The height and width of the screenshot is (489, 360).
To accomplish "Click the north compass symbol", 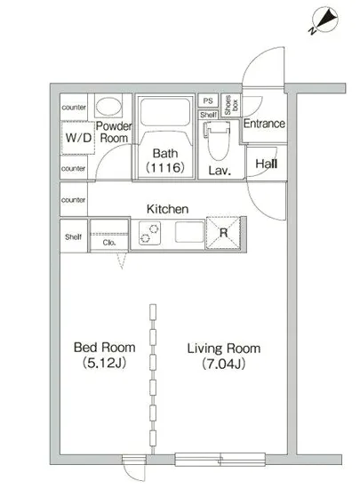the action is click(324, 21).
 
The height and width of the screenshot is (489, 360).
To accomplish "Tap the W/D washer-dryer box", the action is click(78, 138).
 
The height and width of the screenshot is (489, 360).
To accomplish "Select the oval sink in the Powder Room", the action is click(108, 106).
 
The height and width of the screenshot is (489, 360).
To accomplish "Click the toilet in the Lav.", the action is click(219, 140).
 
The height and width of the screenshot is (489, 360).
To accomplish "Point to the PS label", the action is click(208, 100).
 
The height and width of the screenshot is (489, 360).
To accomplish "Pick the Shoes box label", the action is click(231, 105).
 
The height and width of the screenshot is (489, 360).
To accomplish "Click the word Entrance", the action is click(264, 124).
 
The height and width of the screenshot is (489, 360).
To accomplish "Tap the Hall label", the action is click(267, 164).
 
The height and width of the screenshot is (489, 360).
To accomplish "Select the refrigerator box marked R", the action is click(223, 233).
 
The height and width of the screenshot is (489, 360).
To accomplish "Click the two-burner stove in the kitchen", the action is click(149, 233).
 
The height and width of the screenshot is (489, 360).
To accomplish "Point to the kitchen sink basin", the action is click(189, 232).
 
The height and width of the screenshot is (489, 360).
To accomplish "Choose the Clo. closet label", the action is click(109, 243).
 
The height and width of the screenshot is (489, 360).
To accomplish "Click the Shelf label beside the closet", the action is click(73, 237).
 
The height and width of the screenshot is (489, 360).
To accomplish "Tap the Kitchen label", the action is click(168, 209).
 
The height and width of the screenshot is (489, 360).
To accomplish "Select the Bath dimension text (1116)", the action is click(165, 168).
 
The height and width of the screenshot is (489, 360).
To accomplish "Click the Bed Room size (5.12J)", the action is click(104, 363).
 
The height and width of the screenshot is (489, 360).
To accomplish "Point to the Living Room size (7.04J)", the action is click(223, 364).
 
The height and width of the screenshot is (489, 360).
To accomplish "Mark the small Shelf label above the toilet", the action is click(209, 115).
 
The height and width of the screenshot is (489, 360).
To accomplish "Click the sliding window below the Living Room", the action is click(220, 459).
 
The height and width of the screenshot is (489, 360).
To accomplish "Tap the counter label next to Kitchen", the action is click(73, 200).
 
